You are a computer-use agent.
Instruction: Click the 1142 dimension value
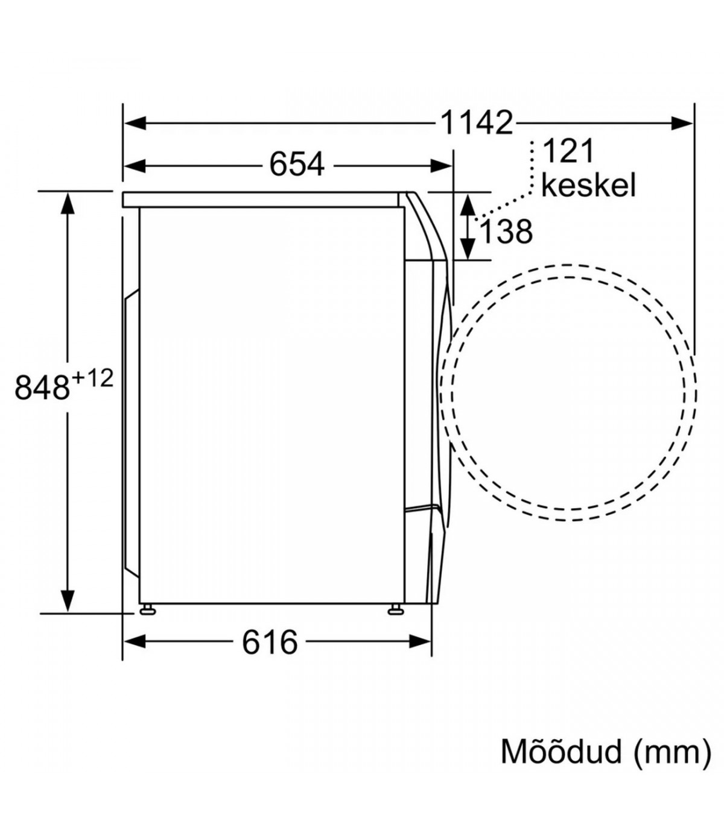tap(477, 123)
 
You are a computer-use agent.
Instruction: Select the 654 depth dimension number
tap(297, 165)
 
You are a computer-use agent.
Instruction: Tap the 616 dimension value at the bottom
tap(270, 643)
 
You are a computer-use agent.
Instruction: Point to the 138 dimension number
tap(506, 231)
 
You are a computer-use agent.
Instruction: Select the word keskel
tap(588, 184)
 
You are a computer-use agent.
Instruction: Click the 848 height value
tap(42, 387)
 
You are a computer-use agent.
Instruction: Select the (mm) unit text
tap(672, 753)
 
